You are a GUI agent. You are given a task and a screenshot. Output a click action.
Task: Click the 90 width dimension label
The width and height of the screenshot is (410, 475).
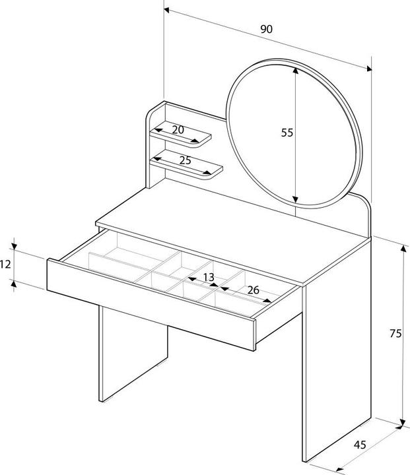pos(266,29)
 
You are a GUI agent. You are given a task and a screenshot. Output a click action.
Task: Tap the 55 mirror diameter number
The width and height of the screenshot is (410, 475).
pos(287,133)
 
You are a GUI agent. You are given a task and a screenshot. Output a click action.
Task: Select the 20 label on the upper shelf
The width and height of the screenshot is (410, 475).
pos(178,130)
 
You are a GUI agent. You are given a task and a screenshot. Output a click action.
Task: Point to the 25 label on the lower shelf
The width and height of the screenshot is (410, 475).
pos(185,160)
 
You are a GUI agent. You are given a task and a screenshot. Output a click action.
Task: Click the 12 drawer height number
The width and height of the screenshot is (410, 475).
pos(6,264)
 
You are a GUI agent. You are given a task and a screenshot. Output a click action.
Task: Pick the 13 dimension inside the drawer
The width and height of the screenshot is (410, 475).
pos(208,278)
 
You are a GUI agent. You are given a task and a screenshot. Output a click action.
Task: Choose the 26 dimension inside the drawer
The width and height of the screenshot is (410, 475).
pos(252,290)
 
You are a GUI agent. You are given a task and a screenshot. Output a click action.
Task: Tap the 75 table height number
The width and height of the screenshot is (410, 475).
pos(395,334)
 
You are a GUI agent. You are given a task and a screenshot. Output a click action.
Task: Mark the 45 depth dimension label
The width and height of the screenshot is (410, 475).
pos(360,444)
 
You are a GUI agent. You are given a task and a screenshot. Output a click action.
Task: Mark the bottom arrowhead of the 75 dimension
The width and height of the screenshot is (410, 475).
pos(402,423)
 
